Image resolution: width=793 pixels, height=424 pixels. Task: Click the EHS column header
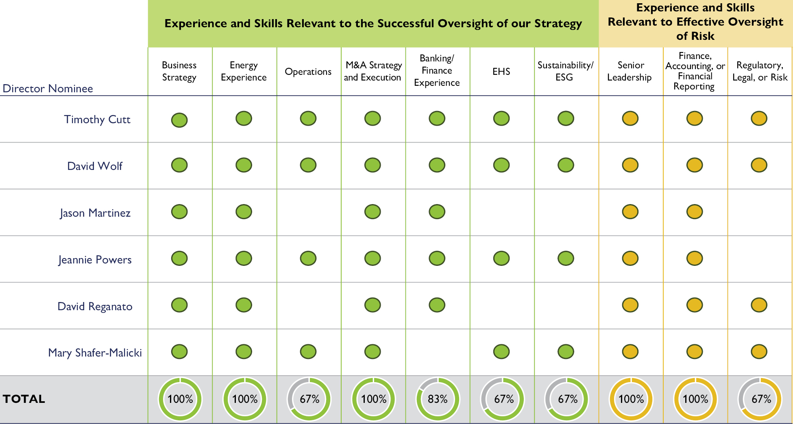[x=501, y=72]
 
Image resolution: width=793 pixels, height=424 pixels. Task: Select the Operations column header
[x=308, y=72]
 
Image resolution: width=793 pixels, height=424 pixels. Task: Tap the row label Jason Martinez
[x=95, y=213]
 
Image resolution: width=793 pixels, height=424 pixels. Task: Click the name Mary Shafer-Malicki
[x=95, y=352]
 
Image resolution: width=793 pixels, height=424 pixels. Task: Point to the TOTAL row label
[x=24, y=399]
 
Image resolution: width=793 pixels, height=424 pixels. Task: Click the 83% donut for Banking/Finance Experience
[x=438, y=399]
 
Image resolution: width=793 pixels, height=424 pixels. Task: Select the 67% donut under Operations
[x=309, y=399]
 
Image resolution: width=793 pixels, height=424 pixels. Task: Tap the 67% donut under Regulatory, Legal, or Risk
[x=760, y=399]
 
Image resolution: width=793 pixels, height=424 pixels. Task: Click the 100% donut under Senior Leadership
[x=631, y=399]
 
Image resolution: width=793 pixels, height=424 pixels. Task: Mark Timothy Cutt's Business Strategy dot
[x=179, y=120]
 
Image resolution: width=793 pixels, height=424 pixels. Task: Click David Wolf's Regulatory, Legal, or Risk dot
[x=759, y=165]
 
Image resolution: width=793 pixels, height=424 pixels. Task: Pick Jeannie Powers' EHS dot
[x=501, y=258]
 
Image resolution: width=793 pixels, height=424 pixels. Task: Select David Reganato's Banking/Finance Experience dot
[x=437, y=305]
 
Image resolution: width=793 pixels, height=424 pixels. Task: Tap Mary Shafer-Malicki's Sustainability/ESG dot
[x=566, y=352]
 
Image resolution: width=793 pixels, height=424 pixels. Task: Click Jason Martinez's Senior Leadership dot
[x=630, y=212]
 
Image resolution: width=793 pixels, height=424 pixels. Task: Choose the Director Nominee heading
[x=48, y=88]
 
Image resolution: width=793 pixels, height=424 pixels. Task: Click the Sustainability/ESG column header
[x=565, y=71]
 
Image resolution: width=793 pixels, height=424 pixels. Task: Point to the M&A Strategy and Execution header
[x=373, y=71]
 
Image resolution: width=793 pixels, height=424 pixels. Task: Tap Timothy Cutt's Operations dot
[x=308, y=118]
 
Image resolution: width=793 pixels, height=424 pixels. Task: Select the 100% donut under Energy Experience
[x=245, y=399]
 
